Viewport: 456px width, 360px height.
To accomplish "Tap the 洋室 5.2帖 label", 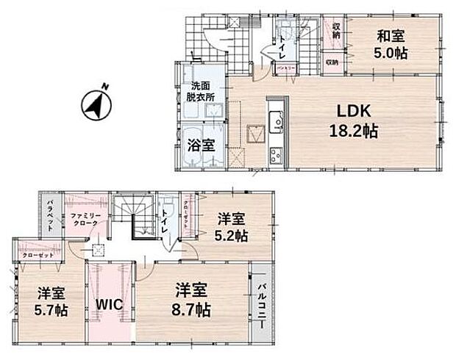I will (232, 227).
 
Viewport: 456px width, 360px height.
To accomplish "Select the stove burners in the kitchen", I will (276, 155).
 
